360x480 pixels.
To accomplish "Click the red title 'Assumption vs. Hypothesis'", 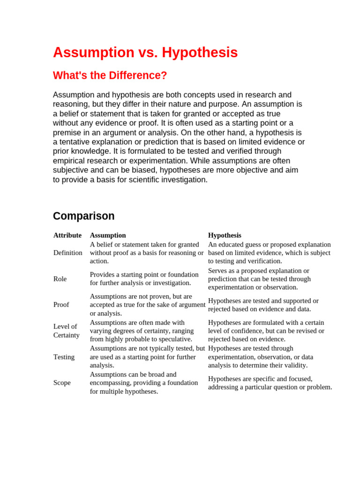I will click(x=145, y=52).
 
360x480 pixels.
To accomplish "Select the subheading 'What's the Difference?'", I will click(x=110, y=75).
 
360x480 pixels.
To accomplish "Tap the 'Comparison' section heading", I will click(x=83, y=216).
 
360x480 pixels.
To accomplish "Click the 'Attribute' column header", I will click(x=67, y=235).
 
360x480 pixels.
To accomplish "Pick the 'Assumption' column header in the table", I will click(x=108, y=235).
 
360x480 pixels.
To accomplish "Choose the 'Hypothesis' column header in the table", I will click(x=225, y=235).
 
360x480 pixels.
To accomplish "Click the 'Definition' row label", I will click(x=68, y=253).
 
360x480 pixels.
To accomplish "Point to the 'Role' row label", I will click(x=60, y=279).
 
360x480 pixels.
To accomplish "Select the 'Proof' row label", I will click(x=61, y=305).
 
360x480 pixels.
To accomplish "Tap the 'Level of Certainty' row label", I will click(x=66, y=330).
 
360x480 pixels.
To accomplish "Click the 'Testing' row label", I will click(x=64, y=357).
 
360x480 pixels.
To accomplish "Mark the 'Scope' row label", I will click(x=62, y=382).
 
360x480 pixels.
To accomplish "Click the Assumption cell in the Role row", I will click(x=144, y=279).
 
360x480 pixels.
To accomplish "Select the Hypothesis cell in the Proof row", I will click(x=263, y=305).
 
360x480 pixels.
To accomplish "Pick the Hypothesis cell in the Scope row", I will click(x=270, y=382).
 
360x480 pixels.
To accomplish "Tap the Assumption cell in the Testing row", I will click(x=147, y=357).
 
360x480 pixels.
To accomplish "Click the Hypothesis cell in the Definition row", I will click(x=269, y=253).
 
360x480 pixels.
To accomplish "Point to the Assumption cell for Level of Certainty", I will click(x=142, y=330).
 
